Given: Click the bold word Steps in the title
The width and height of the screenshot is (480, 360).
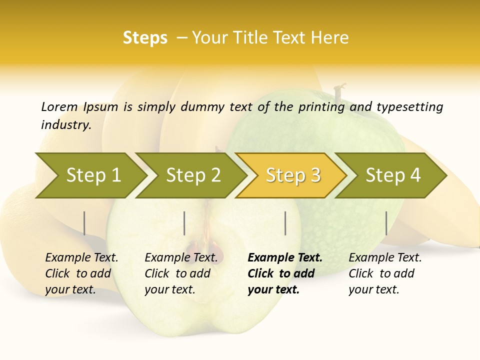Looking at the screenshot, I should pyautogui.click(x=145, y=38).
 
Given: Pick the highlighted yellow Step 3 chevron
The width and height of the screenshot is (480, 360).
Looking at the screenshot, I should pyautogui.click(x=292, y=175).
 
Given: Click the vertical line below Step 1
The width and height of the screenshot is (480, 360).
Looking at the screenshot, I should pyautogui.click(x=84, y=223).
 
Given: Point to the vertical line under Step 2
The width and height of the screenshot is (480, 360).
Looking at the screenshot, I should pyautogui.click(x=184, y=223).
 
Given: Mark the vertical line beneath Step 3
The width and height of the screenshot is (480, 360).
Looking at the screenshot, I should pyautogui.click(x=285, y=223).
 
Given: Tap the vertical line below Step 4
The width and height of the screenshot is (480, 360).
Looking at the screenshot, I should pyautogui.click(x=386, y=223).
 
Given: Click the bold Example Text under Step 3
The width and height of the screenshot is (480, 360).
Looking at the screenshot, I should pyautogui.click(x=285, y=273).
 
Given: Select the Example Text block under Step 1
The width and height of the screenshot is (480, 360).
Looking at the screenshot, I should pyautogui.click(x=81, y=273).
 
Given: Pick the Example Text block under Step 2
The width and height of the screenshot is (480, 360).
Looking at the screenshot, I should pyautogui.click(x=181, y=273).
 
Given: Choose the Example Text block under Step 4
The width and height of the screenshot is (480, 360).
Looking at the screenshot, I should pyautogui.click(x=385, y=273).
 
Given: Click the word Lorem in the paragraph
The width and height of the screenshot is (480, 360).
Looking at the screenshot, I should pyautogui.click(x=59, y=107).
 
